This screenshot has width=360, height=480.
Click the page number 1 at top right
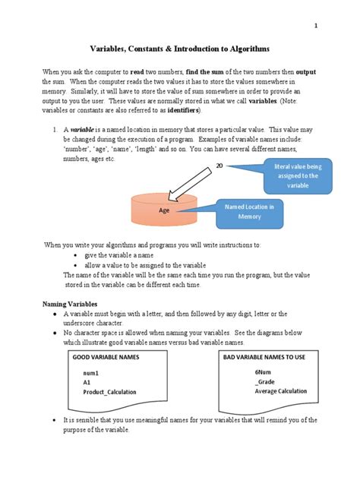pyautogui.click(x=316, y=25)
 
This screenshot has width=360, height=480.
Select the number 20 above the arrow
pyautogui.click(x=219, y=166)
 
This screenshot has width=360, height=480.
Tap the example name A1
pyautogui.click(x=87, y=383)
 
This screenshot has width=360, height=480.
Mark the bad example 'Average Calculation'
pyautogui.click(x=282, y=391)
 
